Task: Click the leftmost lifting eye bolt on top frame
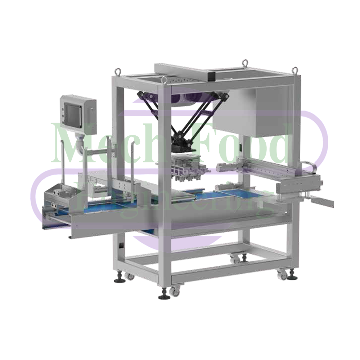pos(118,71)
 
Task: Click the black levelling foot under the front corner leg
pos(163,296)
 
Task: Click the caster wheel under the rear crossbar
pos(234,258)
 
